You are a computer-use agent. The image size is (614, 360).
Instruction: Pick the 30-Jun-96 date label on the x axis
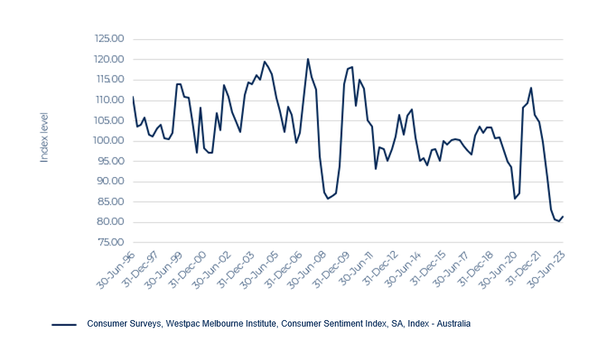[x=119, y=267]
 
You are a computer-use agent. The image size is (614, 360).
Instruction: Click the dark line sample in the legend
[x=65, y=324]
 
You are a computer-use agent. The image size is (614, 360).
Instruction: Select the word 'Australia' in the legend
[x=452, y=324]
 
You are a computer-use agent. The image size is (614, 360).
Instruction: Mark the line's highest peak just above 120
[x=308, y=59]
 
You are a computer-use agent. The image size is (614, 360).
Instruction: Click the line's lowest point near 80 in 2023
[x=558, y=221]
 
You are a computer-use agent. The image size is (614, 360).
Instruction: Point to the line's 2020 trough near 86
[x=515, y=198]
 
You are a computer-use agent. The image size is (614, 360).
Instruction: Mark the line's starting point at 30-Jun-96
[x=133, y=97]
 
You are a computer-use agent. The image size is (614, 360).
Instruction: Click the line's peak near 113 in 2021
[x=531, y=88]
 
